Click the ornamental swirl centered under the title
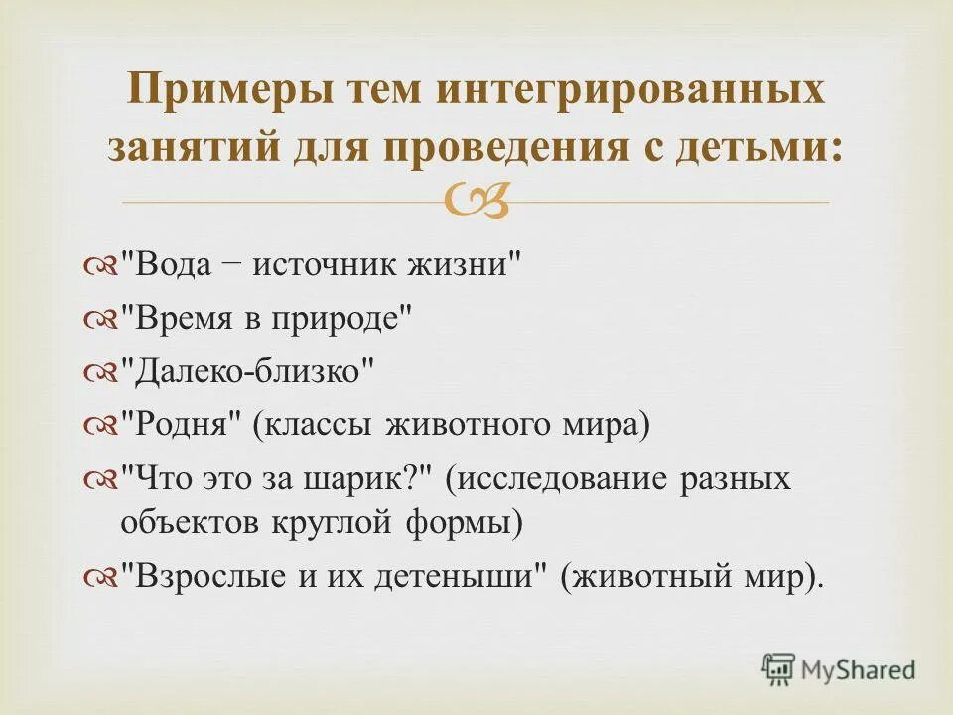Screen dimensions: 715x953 (476, 203)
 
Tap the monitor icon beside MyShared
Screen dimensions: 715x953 (779, 668)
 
